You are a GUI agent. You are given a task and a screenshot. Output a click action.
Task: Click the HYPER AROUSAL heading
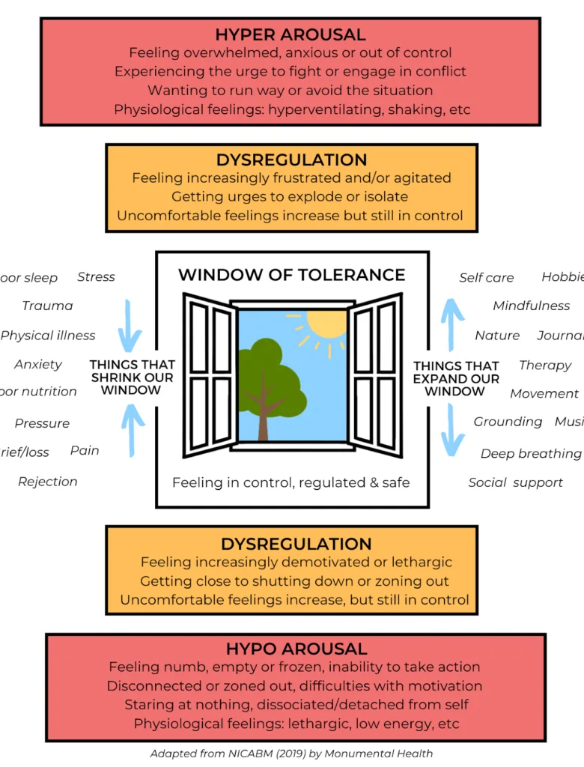tap(291, 34)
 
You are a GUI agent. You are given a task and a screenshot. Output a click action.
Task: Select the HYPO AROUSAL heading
tap(296, 649)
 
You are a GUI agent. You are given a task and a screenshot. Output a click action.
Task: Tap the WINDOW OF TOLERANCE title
tap(291, 275)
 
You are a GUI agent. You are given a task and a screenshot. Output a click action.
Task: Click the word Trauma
tap(47, 306)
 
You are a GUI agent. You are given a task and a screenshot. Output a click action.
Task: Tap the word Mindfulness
tap(531, 306)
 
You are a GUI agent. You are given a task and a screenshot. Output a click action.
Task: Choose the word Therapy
tap(545, 366)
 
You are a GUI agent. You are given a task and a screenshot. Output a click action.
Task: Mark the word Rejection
tap(47, 482)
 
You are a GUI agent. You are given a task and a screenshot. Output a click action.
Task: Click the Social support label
tap(515, 482)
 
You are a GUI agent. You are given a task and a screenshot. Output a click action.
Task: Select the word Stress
tap(96, 277)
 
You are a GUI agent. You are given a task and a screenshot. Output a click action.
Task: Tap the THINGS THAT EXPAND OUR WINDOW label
tap(456, 378)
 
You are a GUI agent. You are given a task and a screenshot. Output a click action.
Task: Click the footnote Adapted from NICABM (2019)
tap(291, 754)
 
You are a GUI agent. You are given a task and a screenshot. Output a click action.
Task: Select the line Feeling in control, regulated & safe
tap(291, 482)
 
